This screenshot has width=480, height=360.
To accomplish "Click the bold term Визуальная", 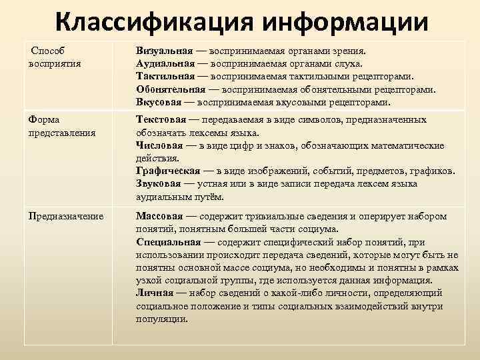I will pos(165,51).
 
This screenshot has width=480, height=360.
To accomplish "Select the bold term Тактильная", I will pos(164,77).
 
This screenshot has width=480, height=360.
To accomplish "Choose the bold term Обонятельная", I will pos(170,90).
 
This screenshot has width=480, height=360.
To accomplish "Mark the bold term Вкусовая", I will pos(159,103).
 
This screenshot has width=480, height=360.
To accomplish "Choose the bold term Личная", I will pos(153,293).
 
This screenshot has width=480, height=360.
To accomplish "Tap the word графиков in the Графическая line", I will pos(433,171).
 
